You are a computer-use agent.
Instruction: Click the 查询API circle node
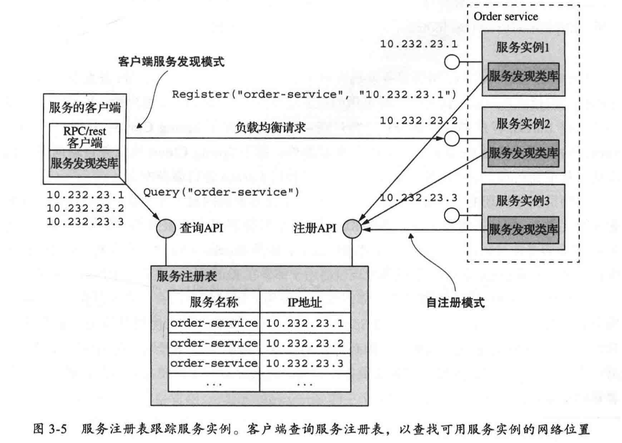pos(166,228)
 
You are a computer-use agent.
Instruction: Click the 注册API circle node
pos(352,229)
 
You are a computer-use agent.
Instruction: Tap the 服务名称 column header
pos(214,302)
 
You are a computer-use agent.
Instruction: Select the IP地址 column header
pos(305,302)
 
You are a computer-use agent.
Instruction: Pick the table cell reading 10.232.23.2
pos(305,343)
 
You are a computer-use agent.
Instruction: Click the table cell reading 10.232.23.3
pos(305,364)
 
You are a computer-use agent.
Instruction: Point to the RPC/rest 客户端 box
pos(84,137)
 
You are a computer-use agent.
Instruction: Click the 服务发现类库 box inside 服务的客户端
pos(84,163)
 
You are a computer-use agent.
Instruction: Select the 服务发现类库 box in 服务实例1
pos(523,76)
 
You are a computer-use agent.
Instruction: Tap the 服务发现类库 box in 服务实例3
pos(523,229)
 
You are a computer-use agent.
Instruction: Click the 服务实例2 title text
pos(523,124)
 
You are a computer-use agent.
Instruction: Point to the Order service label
pos(505,17)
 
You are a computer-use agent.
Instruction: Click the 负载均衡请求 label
pos(270,128)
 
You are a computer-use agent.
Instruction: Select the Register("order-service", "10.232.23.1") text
pos(314,94)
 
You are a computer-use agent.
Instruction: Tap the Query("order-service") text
pos(221,192)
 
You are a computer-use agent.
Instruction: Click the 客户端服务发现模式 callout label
pos(171,62)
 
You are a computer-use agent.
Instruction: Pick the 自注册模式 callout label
pos(455,303)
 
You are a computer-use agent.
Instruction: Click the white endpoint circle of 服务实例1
pos(452,62)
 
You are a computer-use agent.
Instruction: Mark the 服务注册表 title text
pos(187,277)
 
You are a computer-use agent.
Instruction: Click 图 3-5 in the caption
pos(50,429)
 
